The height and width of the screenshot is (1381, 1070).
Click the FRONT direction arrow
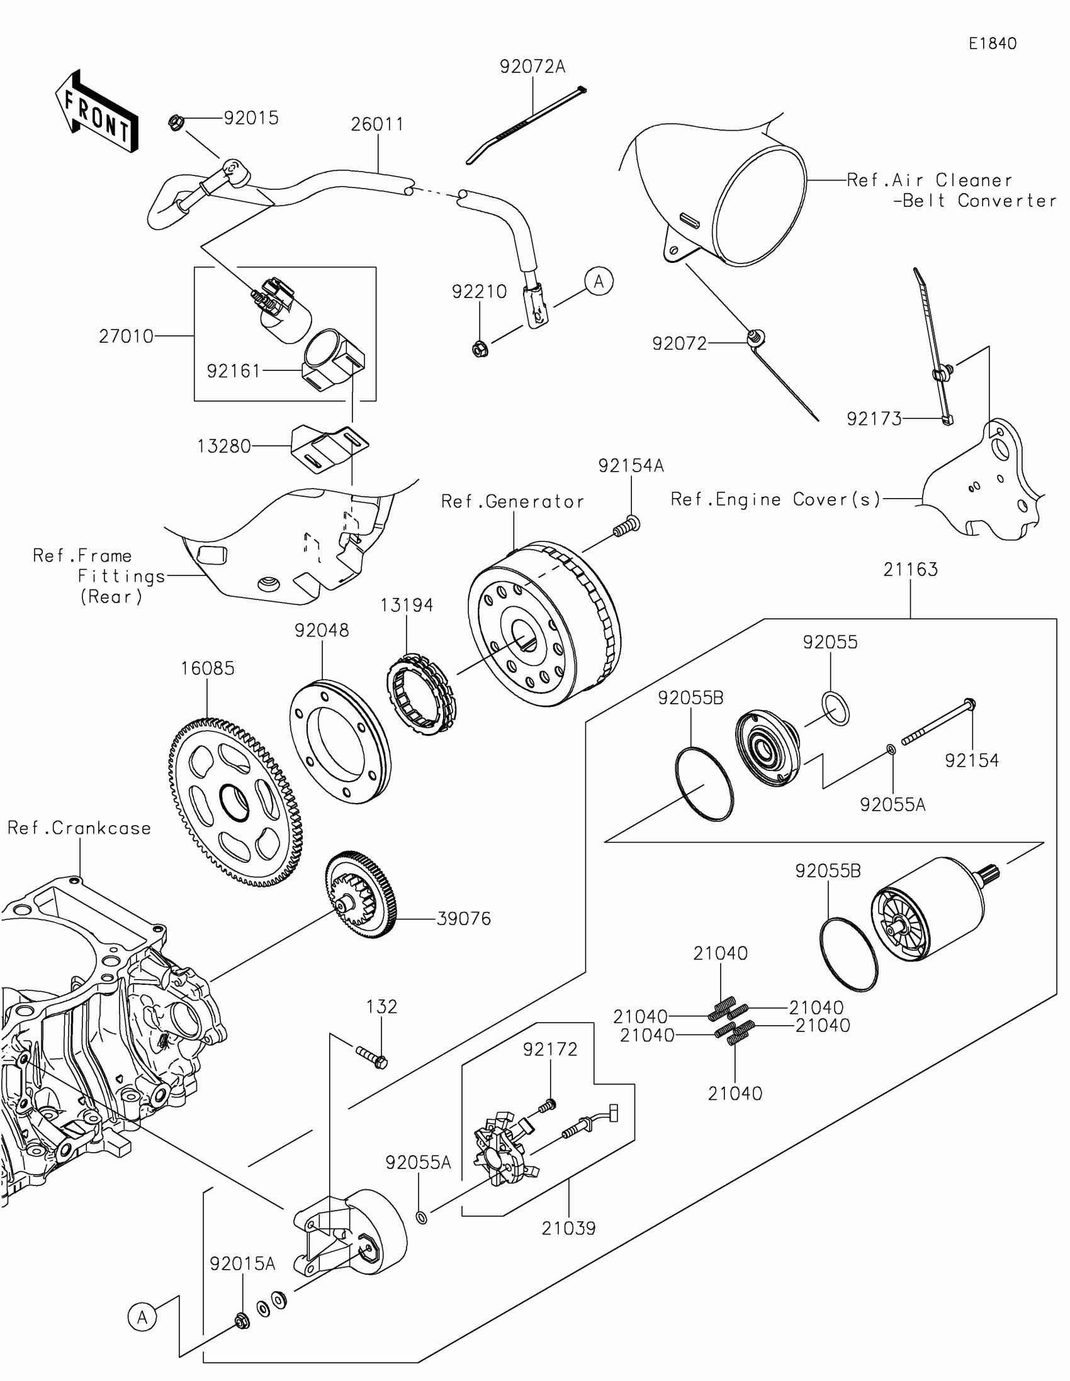pyautogui.click(x=96, y=113)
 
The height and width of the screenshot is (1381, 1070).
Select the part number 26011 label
pyautogui.click(x=377, y=125)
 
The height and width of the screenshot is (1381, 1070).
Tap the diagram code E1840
pyautogui.click(x=993, y=43)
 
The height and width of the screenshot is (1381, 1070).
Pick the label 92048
pyautogui.click(x=322, y=630)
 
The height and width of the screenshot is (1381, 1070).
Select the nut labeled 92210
pyautogui.click(x=480, y=348)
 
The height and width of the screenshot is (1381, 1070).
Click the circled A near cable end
pyautogui.click(x=599, y=281)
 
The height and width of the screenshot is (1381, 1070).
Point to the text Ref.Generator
pyautogui.click(x=512, y=501)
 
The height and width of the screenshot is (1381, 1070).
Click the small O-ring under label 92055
pyautogui.click(x=835, y=708)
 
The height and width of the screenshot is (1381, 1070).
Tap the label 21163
pyautogui.click(x=910, y=570)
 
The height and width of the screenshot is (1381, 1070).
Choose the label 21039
pyautogui.click(x=568, y=1229)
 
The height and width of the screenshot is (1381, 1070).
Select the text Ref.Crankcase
pyautogui.click(x=79, y=828)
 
